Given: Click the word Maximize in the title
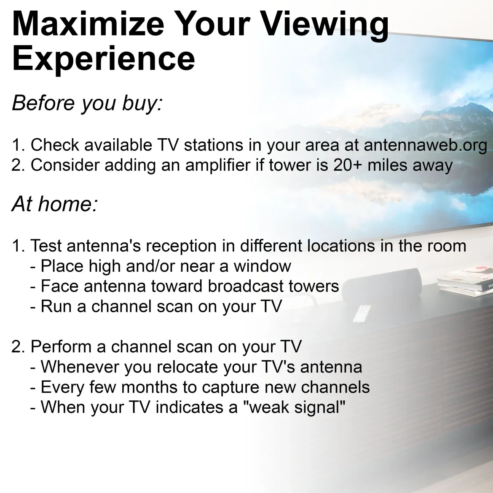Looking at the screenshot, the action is click(88, 24).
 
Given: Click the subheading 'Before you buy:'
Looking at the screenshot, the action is click(87, 103).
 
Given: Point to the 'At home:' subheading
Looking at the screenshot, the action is click(55, 204).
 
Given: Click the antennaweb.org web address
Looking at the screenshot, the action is click(426, 146).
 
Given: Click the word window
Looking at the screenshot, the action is click(262, 266).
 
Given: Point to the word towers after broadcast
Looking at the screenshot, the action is click(314, 287).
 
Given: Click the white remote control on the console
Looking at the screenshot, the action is click(362, 313).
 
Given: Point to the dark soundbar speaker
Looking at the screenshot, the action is click(382, 283).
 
